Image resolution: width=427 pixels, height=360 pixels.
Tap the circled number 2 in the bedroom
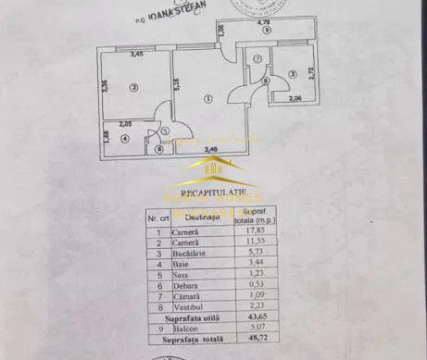(133, 87)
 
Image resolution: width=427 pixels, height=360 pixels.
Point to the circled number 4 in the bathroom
(126, 140)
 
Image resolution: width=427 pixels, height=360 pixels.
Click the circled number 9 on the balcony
(266, 31)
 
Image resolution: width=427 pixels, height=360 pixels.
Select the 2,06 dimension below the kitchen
(295, 98)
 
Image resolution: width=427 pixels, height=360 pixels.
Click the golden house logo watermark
(213, 169)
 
